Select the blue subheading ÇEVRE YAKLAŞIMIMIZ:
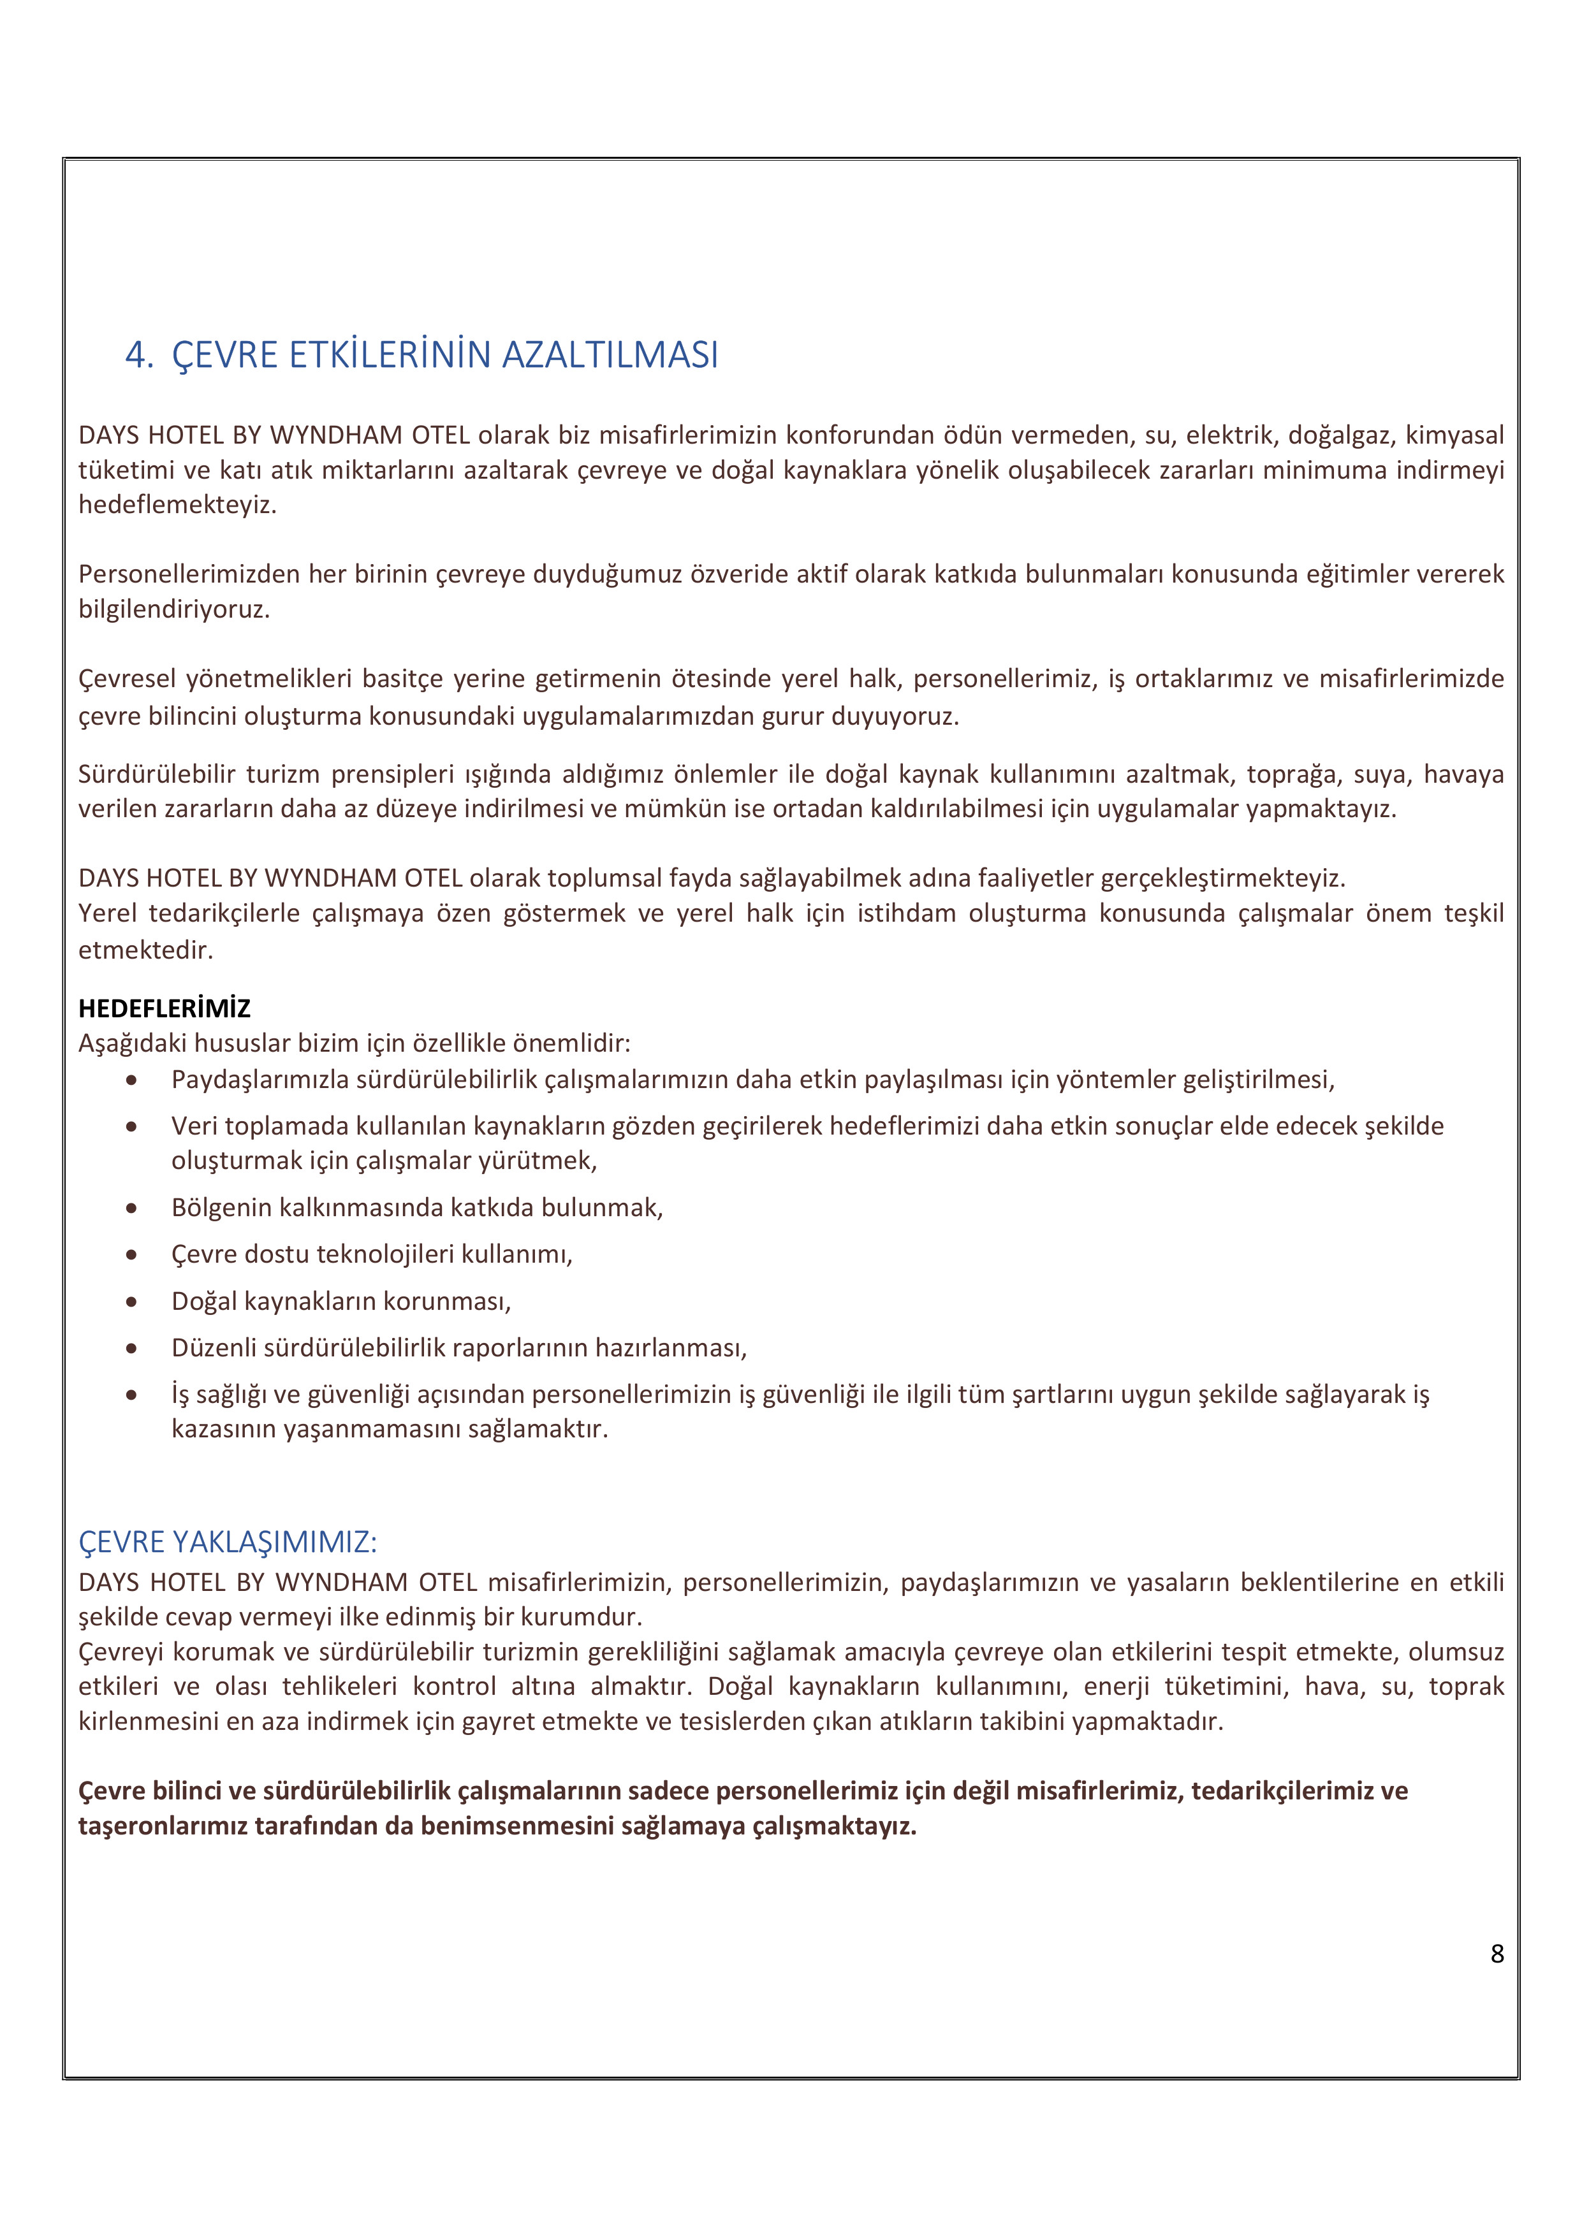[x=227, y=1543]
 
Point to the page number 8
[x=1497, y=1954]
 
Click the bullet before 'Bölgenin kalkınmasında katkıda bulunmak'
[x=131, y=1209]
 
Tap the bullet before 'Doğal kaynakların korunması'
[x=131, y=1302]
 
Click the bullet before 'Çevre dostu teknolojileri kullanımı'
[x=131, y=1255]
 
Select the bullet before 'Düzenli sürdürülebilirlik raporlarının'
[x=131, y=1349]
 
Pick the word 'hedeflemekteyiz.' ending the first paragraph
[x=177, y=505]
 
